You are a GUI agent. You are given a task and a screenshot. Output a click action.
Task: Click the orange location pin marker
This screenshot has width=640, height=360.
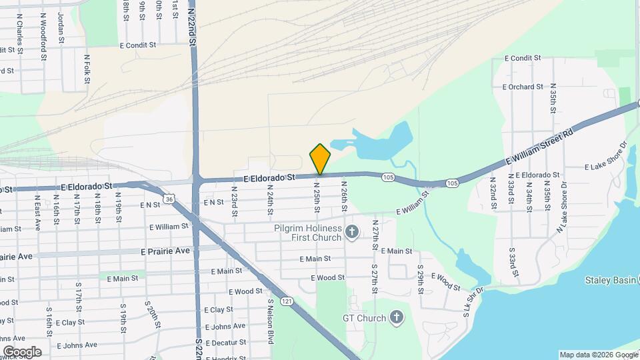320,159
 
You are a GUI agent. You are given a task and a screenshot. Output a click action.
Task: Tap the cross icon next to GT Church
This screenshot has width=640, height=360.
397,317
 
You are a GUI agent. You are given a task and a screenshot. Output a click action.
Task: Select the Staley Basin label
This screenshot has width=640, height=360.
610,280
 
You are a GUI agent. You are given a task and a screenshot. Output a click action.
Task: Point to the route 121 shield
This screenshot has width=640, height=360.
287,301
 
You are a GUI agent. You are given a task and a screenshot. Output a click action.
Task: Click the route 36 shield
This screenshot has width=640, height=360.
169,199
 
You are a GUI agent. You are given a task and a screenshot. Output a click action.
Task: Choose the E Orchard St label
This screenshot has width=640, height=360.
523,87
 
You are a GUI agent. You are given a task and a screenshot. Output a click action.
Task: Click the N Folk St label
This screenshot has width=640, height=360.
87,69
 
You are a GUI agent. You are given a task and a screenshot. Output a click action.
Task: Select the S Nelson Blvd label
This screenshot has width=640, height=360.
271,321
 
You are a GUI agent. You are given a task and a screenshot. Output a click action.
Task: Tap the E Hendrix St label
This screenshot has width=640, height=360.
230,357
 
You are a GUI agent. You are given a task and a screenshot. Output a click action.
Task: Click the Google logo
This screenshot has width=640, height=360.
22,351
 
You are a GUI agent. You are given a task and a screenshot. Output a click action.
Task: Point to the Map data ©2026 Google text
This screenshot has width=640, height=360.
597,355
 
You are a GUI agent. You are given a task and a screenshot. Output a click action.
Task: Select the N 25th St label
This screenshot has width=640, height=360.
317,197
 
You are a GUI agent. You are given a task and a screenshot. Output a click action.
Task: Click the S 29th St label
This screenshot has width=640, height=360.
421,281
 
